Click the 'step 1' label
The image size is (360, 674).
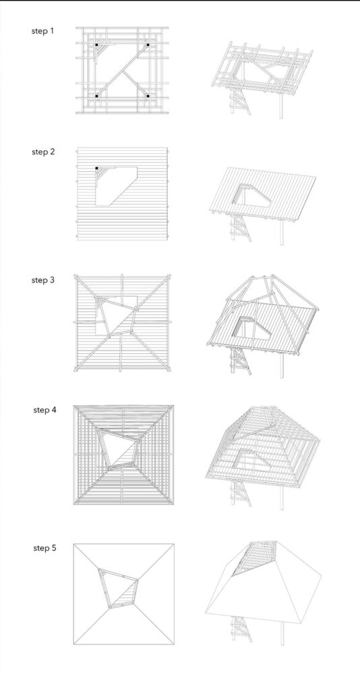[x=43, y=31]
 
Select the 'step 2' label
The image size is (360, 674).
[x=43, y=152]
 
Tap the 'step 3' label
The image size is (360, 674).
[x=43, y=280]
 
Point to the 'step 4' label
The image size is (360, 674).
[x=44, y=410]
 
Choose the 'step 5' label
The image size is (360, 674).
[x=44, y=548]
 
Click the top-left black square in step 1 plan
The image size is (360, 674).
[x=97, y=45]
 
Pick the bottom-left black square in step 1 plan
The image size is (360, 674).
[x=97, y=96]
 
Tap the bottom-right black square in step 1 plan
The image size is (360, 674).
[x=148, y=96]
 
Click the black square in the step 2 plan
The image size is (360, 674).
[x=97, y=168]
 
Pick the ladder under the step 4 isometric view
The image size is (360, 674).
[x=241, y=493]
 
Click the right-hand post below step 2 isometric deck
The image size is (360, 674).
[x=280, y=229]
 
